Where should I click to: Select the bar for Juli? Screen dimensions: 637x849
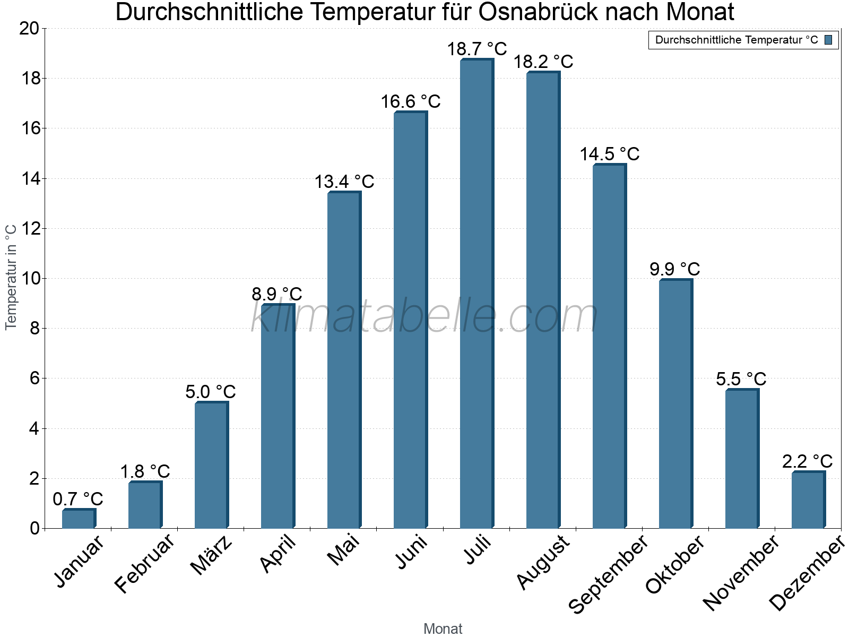[476, 295]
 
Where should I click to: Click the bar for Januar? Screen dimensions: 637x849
[78, 519]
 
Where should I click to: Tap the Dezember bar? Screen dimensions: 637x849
[808, 500]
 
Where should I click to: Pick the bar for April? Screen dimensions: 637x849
[277, 417]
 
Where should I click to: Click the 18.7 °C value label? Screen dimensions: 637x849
[477, 49]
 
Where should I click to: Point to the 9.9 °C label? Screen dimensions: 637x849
[674, 269]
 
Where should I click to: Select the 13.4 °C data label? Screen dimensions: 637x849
[344, 182]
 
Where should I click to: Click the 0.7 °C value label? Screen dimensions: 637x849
[78, 500]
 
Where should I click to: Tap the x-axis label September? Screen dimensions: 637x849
[608, 574]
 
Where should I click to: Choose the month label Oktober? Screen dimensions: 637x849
[675, 565]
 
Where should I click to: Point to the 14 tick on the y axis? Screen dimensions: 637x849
[30, 179]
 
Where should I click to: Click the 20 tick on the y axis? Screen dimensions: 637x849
[29, 29]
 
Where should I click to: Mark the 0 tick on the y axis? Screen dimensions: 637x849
[34, 529]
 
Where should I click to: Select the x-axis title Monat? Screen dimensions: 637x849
[443, 629]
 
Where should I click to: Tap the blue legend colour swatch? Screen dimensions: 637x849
[828, 40]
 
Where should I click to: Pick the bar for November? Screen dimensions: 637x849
[741, 459]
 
